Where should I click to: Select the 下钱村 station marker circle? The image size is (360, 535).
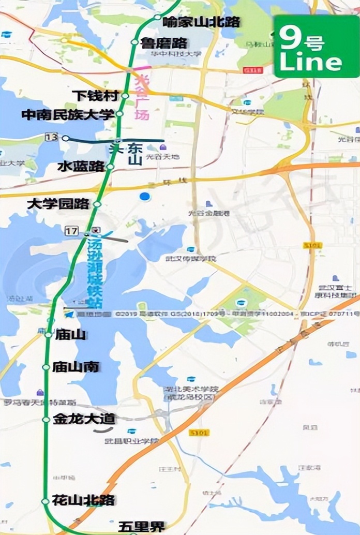125,96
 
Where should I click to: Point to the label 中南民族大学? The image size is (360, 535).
68,114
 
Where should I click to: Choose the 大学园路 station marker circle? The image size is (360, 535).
97,204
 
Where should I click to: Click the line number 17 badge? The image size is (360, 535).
71,230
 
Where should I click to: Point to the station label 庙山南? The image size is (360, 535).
76,367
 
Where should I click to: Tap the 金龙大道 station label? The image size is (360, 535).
84,420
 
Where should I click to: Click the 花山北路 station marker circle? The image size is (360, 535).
46,501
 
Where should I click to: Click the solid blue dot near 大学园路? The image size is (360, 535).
145,196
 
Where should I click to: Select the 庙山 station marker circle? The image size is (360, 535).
48,335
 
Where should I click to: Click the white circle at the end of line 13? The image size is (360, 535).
65,138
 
